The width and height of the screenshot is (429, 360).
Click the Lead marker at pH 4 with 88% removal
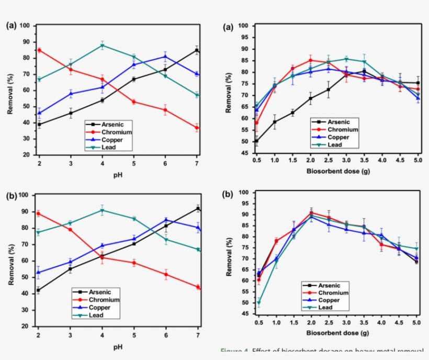pos(102,46)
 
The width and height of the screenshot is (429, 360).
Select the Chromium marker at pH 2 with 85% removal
pos(40,50)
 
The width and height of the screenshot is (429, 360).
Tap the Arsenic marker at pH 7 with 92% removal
pos(198,208)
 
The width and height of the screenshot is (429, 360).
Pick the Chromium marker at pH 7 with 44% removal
pos(198,287)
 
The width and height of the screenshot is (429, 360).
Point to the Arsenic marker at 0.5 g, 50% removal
pos(256,141)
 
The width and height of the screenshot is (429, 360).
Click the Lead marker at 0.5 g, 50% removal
pos(259,302)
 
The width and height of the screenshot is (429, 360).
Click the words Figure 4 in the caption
pos(235,351)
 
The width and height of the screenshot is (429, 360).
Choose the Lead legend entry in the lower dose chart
pos(325,307)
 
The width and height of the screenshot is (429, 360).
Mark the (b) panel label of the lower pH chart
pos(11,196)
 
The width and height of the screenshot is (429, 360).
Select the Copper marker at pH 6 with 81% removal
pos(165,57)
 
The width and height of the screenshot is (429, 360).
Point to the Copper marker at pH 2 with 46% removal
pos(40,113)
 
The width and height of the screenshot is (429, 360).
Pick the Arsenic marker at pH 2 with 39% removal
pos(40,125)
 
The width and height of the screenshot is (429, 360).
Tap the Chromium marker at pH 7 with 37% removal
pos(197,128)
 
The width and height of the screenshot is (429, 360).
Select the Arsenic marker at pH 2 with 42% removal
pos(38,290)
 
